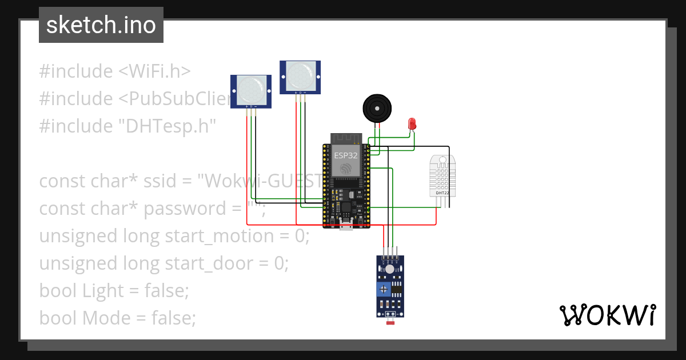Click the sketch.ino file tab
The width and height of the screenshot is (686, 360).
pyautogui.click(x=101, y=25)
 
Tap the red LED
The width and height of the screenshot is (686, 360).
pyautogui.click(x=412, y=123)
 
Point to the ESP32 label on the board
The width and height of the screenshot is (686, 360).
pyautogui.click(x=346, y=155)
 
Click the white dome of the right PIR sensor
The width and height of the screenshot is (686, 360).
pyautogui.click(x=300, y=74)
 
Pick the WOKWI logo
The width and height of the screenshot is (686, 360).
pyautogui.click(x=607, y=315)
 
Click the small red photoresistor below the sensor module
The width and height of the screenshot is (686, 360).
pyautogui.click(x=391, y=323)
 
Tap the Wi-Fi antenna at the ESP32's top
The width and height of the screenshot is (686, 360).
pyautogui.click(x=346, y=138)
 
